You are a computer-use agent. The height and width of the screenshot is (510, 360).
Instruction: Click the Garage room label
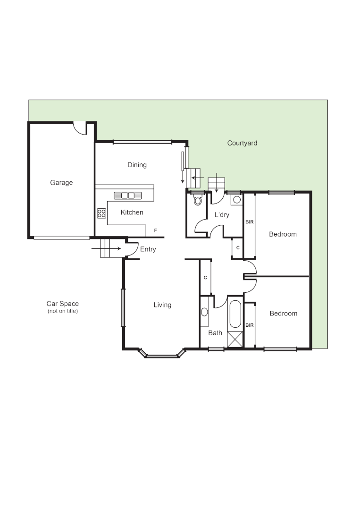[61, 183]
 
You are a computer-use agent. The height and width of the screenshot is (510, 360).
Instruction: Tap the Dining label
[137, 165]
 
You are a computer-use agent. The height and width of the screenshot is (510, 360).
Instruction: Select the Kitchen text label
[132, 212]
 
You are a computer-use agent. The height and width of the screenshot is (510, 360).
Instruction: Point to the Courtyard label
[242, 143]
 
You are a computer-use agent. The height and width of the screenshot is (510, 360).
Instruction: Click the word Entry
[148, 249]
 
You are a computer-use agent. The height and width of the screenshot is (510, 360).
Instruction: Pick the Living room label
[162, 305]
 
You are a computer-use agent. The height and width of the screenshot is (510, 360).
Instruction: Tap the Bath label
[215, 333]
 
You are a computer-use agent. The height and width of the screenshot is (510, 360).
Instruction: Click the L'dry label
[222, 215]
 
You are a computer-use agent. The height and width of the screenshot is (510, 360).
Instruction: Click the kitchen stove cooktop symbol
[101, 213]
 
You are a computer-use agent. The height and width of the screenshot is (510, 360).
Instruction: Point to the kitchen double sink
[128, 195]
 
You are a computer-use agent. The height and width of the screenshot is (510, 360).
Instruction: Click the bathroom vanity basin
[204, 312]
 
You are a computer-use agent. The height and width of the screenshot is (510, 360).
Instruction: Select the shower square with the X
[235, 340]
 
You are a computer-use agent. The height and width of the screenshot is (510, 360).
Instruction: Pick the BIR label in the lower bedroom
[249, 325]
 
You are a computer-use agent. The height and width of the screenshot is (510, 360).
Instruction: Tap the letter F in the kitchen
[155, 230]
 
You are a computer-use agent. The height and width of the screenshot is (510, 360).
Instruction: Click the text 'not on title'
[62, 311]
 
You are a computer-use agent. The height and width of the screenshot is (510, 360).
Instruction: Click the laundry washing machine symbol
[236, 200]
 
